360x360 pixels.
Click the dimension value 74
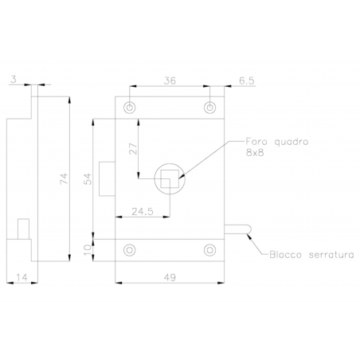(x=65, y=178)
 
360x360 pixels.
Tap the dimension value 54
(x=88, y=178)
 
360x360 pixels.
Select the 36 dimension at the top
(x=170, y=80)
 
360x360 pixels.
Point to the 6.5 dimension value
(x=247, y=80)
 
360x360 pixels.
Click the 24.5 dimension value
(x=143, y=212)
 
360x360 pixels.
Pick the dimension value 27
(x=133, y=149)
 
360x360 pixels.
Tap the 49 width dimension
(x=170, y=277)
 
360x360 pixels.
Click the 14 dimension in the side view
(x=22, y=277)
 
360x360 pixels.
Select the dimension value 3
(x=14, y=79)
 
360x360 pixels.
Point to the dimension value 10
(x=88, y=250)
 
